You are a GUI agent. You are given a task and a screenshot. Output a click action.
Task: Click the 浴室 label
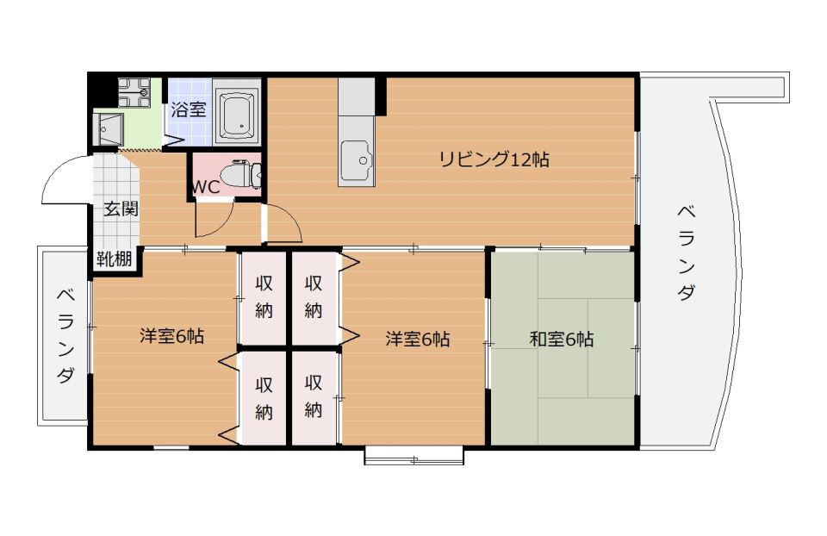tap(189, 110)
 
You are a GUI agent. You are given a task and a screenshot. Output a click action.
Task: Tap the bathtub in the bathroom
tap(238, 115)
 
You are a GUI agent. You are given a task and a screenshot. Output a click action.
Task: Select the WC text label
tap(205, 187)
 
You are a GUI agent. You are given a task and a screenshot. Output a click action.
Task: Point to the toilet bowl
tap(239, 175)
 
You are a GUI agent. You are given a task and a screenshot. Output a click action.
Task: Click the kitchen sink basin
tap(357, 159)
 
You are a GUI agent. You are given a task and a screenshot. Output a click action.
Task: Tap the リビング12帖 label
tap(494, 159)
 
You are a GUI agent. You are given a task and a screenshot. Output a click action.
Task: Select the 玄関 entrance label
tap(121, 209)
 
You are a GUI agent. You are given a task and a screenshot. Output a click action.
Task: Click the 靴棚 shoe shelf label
tap(115, 259)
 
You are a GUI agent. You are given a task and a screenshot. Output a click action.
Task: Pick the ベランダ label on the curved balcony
tap(686, 252)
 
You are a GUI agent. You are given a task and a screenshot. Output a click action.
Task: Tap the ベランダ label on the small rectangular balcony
tap(65, 335)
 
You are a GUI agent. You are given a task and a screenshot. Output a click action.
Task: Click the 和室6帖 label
tap(561, 339)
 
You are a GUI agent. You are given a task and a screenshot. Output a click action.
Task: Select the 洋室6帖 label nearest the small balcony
tap(172, 336)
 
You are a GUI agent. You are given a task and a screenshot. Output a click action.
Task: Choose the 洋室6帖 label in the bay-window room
tap(418, 339)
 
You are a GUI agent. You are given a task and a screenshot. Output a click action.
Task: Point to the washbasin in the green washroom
tap(109, 128)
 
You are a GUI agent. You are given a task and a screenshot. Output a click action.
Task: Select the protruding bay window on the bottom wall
tap(414, 455)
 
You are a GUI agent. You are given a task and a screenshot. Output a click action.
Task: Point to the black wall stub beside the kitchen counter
tap(381, 96)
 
